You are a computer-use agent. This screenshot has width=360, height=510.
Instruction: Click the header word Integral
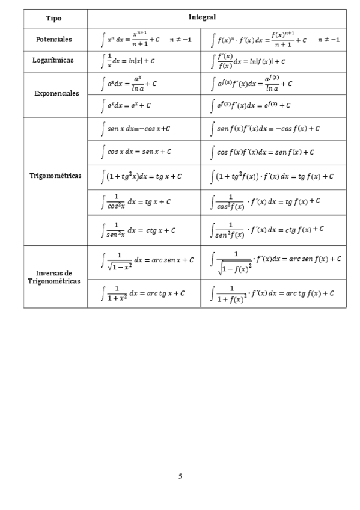202,18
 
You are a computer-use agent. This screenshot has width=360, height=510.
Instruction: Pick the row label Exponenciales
55,93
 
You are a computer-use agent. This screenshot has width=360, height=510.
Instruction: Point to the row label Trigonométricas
55,176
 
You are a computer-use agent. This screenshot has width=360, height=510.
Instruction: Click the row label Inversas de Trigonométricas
55,277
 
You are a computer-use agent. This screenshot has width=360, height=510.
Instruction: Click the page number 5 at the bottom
180,476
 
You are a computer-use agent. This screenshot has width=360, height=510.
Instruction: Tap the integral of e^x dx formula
127,105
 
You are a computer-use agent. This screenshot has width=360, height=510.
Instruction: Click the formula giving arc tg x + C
142,293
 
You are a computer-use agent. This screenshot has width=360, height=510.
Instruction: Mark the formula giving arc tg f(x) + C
273,293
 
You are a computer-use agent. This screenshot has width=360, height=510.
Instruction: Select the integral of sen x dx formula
135,128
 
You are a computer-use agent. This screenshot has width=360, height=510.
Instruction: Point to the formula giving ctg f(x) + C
269,229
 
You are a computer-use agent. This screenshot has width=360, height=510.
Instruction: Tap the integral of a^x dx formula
130,83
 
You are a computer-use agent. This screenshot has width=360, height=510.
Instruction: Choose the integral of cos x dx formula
136,152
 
